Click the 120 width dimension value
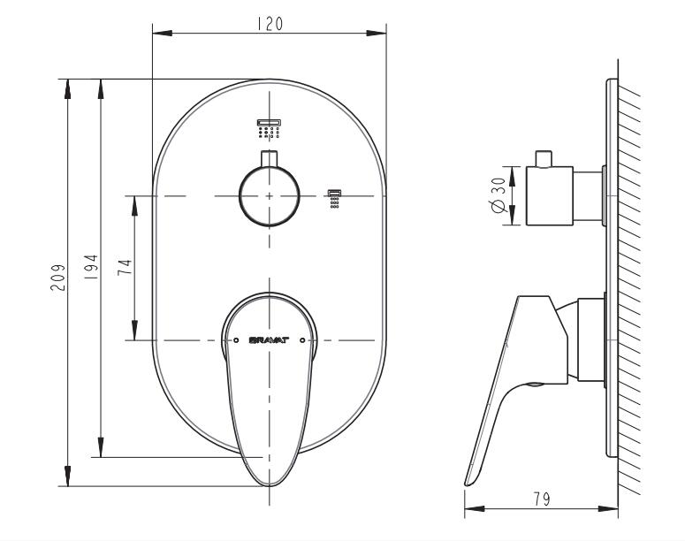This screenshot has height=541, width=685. (x=270, y=25)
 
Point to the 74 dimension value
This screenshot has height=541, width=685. (x=126, y=268)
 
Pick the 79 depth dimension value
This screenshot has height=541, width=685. (x=542, y=499)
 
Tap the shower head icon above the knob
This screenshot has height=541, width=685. (x=269, y=128)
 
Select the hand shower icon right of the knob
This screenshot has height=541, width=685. (x=334, y=197)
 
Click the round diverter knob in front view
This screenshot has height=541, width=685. (x=270, y=195)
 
